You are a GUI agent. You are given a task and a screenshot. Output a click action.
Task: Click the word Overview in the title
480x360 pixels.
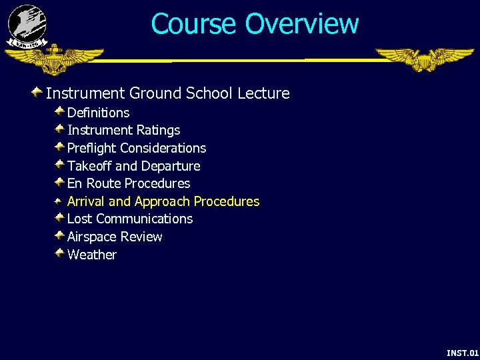[x=302, y=24]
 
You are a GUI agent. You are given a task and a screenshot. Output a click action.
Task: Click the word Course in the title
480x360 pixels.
[x=194, y=24]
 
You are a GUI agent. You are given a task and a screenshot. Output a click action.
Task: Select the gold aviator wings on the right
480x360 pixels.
[x=425, y=59]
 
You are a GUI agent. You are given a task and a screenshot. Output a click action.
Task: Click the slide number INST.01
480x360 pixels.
[x=462, y=352]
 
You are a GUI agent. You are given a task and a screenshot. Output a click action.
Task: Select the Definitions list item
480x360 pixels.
[x=99, y=113]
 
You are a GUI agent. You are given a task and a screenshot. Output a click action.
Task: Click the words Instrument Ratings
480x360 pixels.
[x=124, y=130]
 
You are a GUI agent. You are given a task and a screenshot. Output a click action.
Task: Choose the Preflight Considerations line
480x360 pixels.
[x=137, y=148]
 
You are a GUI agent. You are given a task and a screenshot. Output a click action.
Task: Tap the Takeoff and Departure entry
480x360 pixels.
[x=134, y=166]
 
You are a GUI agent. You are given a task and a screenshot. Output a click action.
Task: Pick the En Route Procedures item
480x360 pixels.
[x=129, y=183]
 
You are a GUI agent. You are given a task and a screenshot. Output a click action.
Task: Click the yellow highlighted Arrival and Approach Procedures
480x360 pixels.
[x=163, y=201]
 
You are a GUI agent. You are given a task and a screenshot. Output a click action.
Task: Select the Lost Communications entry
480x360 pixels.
[x=130, y=219]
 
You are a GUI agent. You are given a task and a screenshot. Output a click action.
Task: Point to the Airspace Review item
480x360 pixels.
[x=115, y=237]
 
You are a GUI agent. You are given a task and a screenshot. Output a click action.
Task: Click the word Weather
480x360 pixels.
[x=92, y=255]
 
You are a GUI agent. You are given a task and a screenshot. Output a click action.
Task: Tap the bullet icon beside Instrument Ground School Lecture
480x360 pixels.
[x=39, y=91]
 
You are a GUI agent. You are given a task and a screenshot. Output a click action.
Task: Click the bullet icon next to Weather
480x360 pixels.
[x=59, y=253]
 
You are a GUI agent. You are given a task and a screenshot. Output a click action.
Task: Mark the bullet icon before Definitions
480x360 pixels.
[x=59, y=111]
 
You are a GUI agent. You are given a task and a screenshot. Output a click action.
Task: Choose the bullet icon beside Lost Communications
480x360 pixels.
[x=59, y=217]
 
